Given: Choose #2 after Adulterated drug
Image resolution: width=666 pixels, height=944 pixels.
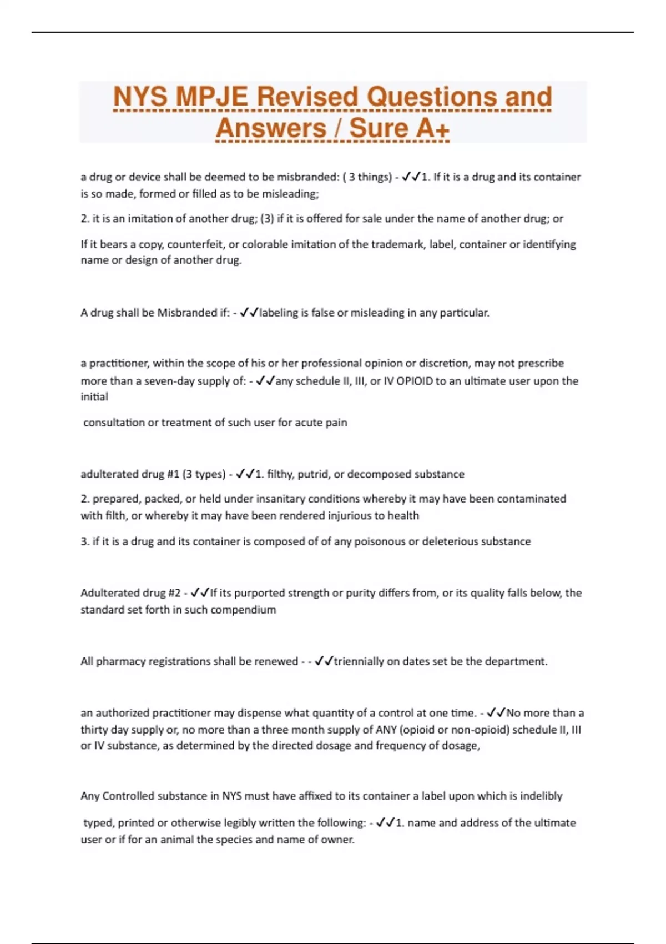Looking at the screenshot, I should click(174, 593).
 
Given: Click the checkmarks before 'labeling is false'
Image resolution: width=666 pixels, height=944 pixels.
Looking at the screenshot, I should click(249, 313).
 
